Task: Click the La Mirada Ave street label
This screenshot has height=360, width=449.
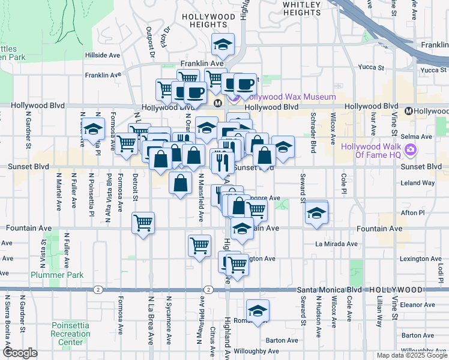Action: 337,244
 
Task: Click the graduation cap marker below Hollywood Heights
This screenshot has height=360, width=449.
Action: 223,45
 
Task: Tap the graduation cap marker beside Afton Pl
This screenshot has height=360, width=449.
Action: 316,213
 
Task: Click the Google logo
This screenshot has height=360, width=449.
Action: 20,353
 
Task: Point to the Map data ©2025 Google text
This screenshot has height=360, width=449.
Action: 411,355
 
